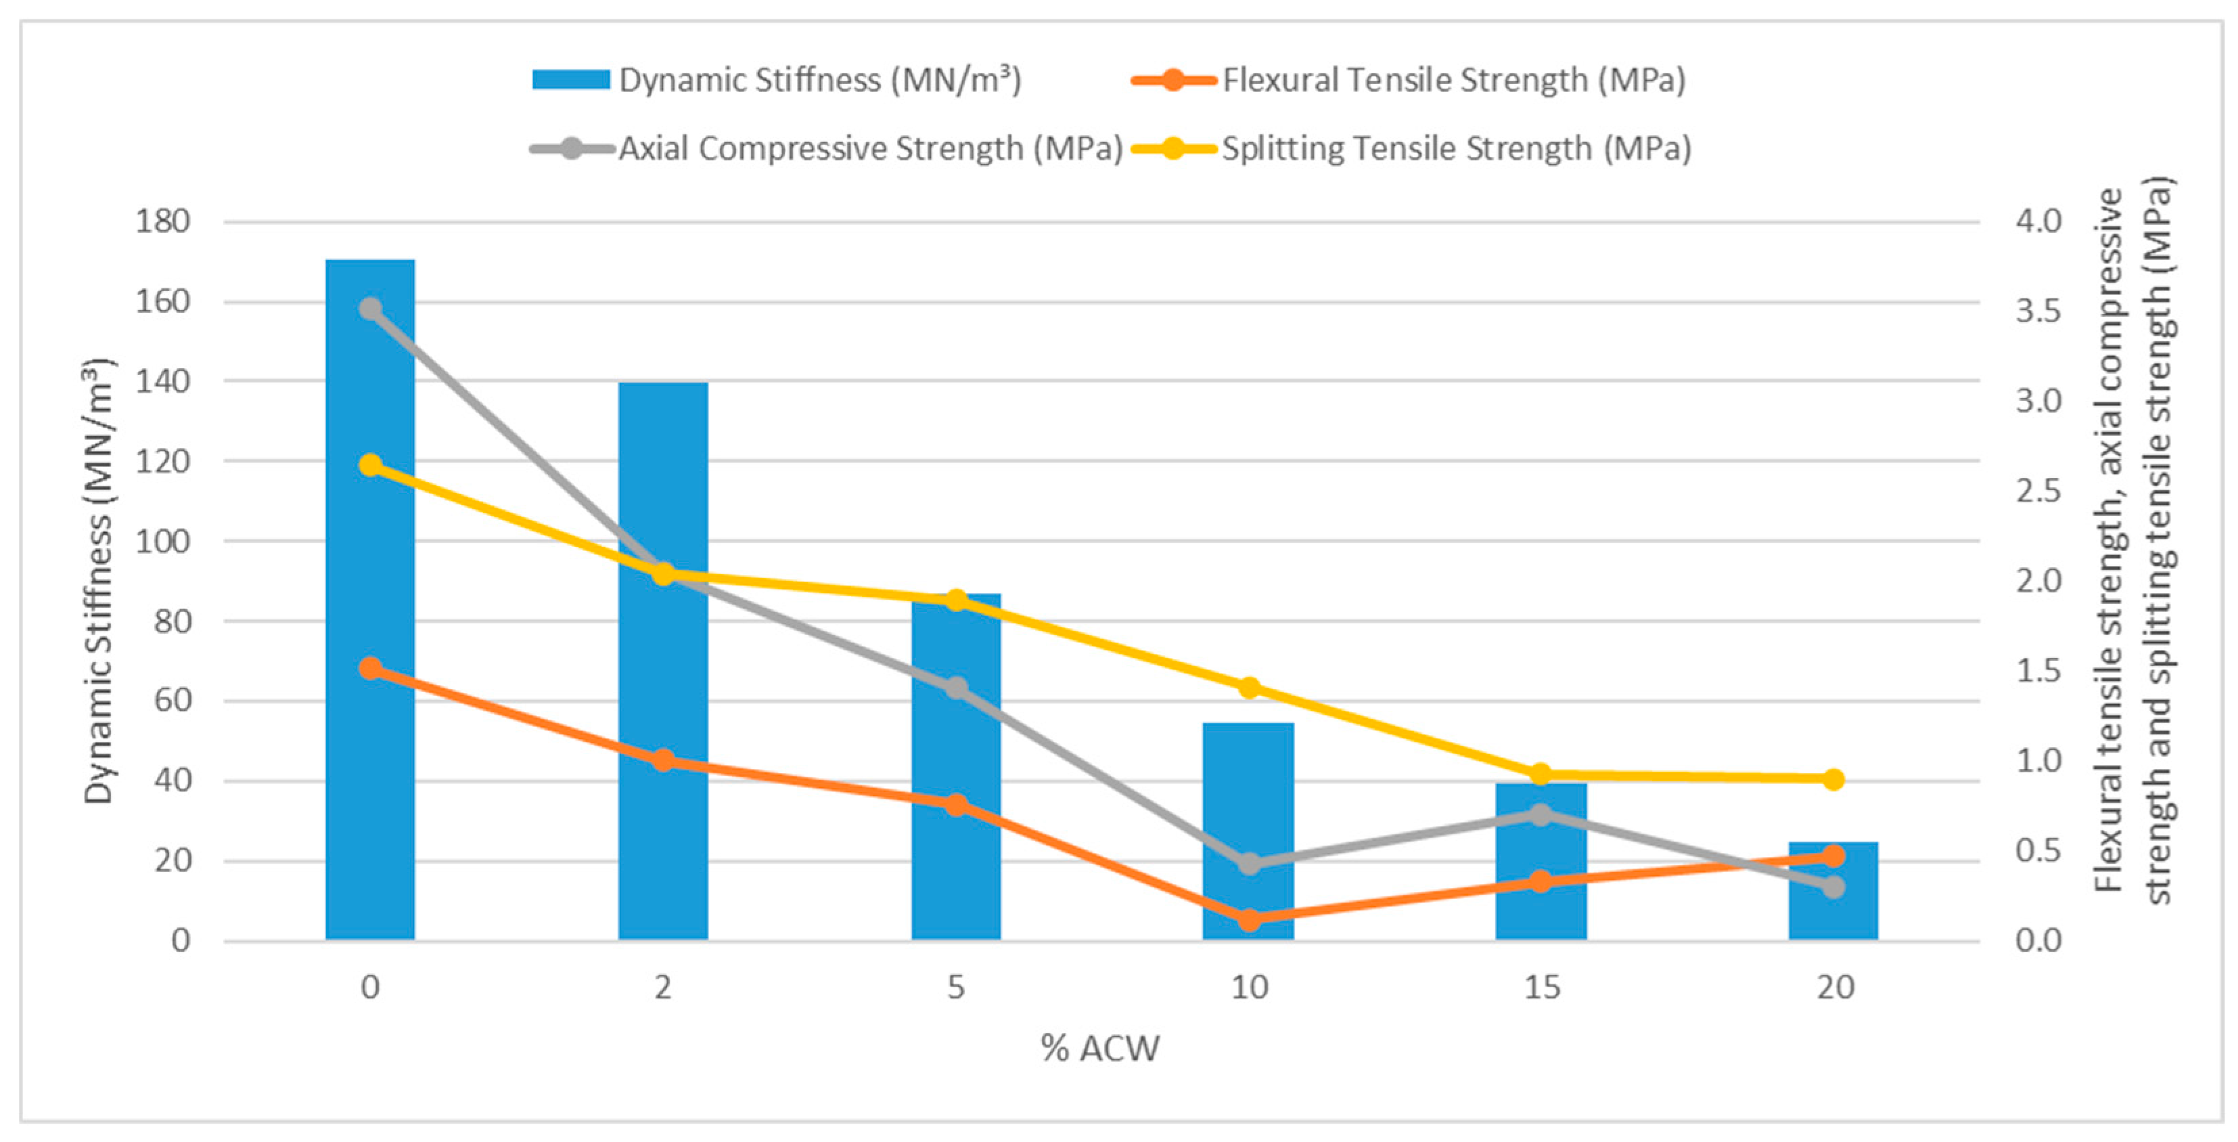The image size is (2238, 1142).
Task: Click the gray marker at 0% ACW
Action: (371, 309)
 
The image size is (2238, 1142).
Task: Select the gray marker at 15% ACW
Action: (1541, 815)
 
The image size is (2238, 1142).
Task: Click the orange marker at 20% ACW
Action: (1834, 856)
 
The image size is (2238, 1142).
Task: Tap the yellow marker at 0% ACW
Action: (371, 465)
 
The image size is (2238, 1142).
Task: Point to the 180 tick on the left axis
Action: (162, 221)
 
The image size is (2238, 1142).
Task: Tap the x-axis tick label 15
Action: (1542, 987)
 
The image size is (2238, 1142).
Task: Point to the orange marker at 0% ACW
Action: (371, 668)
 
